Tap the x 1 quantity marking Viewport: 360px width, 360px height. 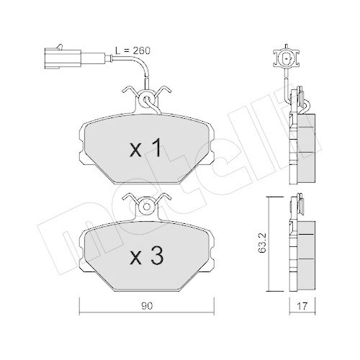pyautogui.click(x=145, y=149)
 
